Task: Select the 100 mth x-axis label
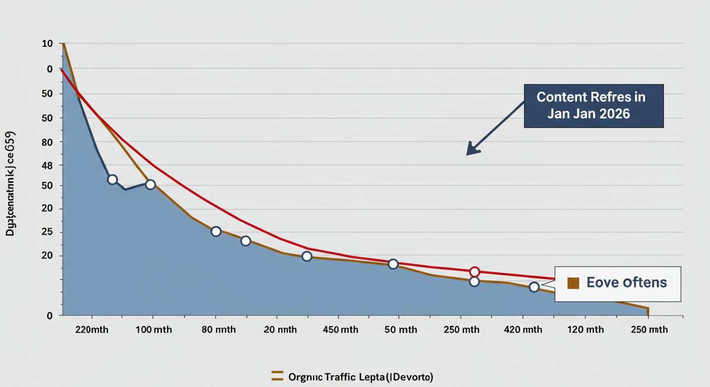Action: (x=153, y=330)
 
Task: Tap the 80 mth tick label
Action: (x=215, y=330)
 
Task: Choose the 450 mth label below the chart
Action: (x=341, y=330)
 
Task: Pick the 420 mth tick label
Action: (x=523, y=330)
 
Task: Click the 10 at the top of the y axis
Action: (x=47, y=44)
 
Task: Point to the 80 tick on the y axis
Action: (x=47, y=142)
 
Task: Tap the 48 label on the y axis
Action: (x=47, y=165)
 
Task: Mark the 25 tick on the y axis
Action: (x=47, y=232)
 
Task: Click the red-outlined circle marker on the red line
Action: (x=474, y=272)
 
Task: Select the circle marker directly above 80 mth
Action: (x=216, y=231)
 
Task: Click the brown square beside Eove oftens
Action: (x=573, y=283)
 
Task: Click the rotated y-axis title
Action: (x=10, y=184)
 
